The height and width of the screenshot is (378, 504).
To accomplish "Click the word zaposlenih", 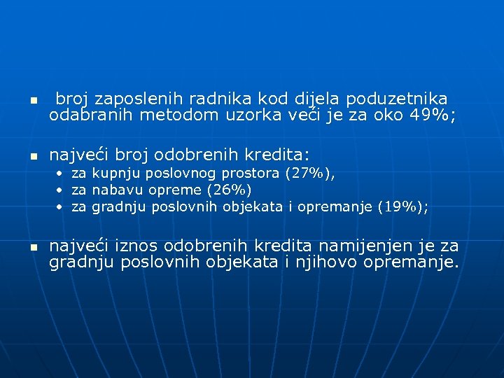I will [x=128, y=99].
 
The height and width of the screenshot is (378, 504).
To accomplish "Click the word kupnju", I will [x=116, y=173].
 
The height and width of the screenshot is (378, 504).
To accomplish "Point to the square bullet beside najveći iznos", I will [x=31, y=248].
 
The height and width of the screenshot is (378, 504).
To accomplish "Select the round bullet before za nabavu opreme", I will [x=61, y=190].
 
